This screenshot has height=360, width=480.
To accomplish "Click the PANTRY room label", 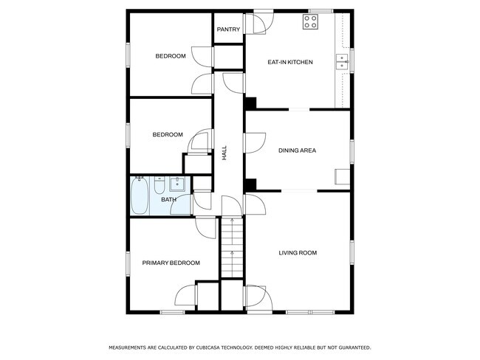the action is point(228,30).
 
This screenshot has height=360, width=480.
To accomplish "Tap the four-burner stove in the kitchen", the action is point(310,21).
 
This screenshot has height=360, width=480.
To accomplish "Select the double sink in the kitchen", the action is point(342,62).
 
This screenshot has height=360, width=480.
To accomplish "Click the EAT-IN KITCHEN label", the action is point(290,62).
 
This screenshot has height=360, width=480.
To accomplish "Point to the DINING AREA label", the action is point(297,150).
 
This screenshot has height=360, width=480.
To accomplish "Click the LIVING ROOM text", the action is point(298,253).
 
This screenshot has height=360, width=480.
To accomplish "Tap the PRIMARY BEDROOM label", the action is point(171,263).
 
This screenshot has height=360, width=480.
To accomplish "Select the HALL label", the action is point(224,153).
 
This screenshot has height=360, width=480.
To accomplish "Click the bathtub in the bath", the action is point(140,195).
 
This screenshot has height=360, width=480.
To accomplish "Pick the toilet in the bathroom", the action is point(160,185).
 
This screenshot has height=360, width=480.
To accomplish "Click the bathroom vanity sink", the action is point(177,184).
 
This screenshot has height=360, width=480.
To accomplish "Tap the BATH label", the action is point(168,200).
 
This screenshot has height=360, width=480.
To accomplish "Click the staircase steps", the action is point(233,248).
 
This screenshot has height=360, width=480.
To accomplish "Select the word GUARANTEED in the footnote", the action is point(355,347).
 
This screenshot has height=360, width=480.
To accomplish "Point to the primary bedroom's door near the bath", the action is point(206,228).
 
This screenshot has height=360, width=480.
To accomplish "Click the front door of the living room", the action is point(258,297).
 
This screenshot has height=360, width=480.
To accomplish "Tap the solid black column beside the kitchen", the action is point(251,103).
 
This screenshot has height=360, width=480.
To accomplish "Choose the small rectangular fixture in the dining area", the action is point(342,177).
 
